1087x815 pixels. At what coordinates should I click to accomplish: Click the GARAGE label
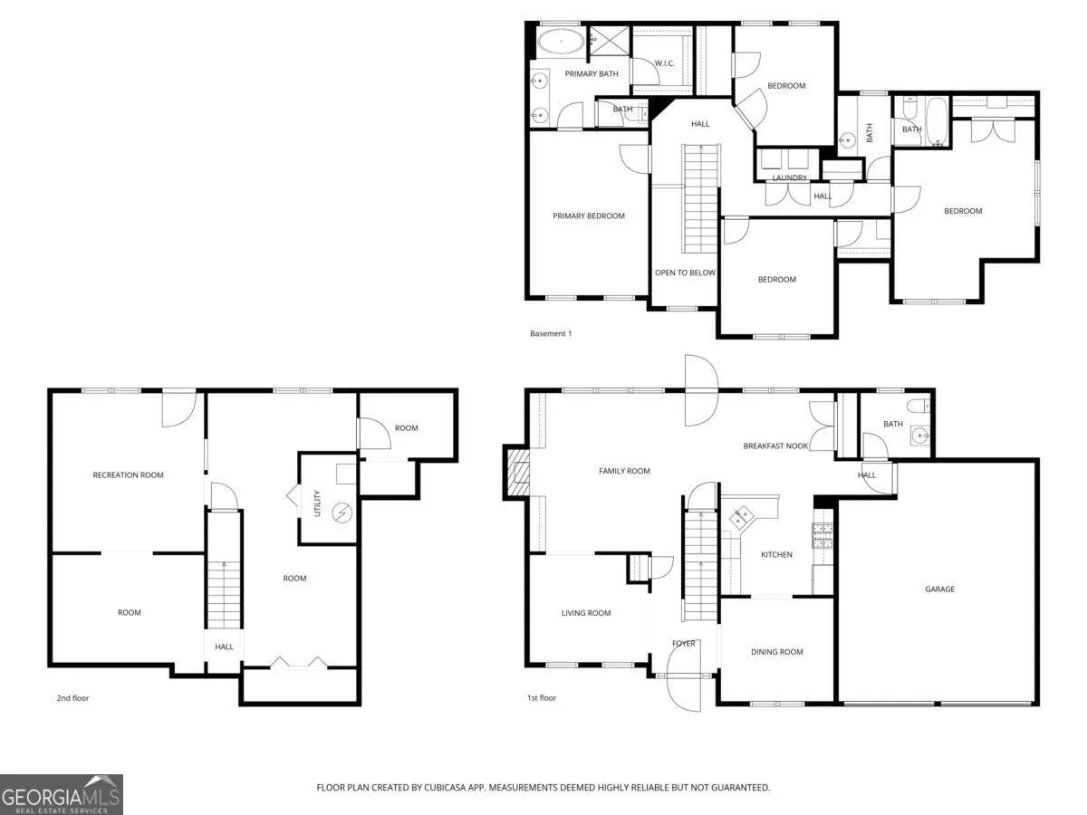pos(939,589)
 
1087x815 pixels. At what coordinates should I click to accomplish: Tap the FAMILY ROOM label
pos(624,471)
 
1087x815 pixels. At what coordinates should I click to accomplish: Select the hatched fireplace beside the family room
pos(517,473)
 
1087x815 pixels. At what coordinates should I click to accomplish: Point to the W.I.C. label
pos(664,63)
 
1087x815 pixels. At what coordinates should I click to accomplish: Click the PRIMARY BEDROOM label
pos(588,216)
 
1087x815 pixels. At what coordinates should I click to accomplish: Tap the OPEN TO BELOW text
pos(685,273)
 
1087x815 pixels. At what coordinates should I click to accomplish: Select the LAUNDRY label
pos(789,177)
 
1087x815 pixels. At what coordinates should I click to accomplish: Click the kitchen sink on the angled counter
pos(741,518)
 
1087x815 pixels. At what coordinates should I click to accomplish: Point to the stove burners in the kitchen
pos(822,535)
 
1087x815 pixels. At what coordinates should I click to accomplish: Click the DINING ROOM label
pos(776,652)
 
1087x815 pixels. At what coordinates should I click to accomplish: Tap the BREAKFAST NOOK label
pos(775,446)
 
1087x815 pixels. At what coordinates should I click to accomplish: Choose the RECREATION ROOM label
pos(128,475)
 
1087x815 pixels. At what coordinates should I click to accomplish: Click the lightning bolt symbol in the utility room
pos(342,513)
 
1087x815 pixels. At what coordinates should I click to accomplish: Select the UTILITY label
pos(317,503)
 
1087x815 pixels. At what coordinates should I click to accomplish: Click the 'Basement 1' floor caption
pos(551,333)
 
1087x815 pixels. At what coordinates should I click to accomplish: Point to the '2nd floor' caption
pos(72,698)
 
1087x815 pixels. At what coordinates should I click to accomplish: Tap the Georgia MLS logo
pos(62,795)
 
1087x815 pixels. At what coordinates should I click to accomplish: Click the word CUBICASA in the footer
pos(444,787)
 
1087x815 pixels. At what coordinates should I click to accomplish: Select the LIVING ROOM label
pos(586,613)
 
